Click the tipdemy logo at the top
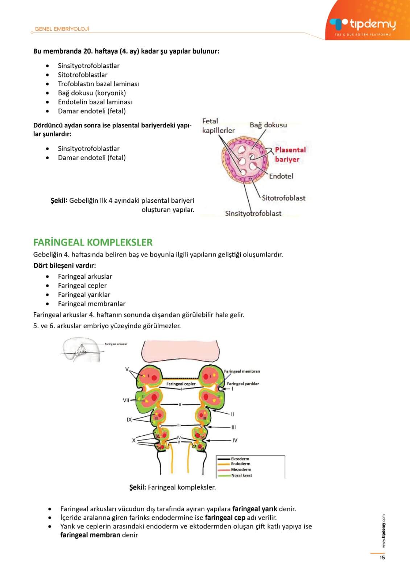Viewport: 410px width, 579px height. click(363, 25)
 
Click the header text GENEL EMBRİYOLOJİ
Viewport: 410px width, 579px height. click(62, 29)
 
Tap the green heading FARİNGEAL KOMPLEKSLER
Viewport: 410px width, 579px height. click(93, 242)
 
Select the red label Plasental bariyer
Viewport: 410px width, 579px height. click(290, 154)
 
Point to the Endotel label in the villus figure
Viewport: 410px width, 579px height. click(281, 176)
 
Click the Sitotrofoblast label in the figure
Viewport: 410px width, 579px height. click(283, 198)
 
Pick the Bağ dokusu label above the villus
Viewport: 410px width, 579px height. click(268, 125)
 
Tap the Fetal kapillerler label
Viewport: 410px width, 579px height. click(218, 126)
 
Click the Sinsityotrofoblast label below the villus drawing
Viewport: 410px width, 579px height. click(253, 214)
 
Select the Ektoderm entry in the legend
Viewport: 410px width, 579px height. click(240, 459)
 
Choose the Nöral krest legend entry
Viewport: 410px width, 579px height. click(241, 475)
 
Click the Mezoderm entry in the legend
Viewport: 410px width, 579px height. click(241, 469)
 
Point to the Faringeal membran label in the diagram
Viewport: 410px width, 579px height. click(242, 371)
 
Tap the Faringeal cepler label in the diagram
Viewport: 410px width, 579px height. click(181, 384)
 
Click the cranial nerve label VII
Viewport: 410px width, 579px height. click(126, 400)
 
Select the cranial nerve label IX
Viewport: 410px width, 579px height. click(129, 420)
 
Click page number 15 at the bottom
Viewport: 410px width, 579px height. click(382, 558)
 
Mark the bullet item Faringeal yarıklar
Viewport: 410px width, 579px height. click(84, 295)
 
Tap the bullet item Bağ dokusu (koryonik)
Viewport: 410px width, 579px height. click(92, 93)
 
